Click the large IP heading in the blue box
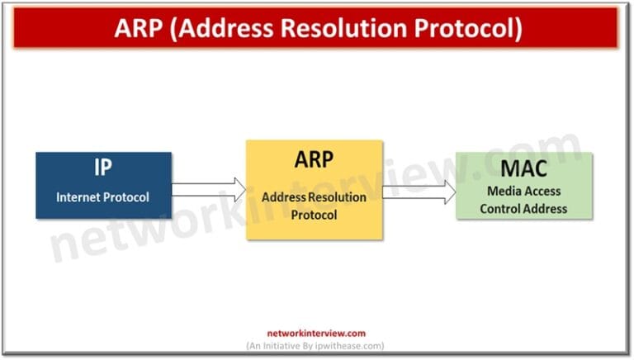103,169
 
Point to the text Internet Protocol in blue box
103,197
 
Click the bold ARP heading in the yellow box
314,159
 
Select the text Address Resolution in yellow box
314,197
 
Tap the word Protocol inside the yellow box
314,215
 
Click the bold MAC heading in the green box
523,169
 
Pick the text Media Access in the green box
523,192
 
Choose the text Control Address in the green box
523,208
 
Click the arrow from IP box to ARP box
209,190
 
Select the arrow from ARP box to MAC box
419,192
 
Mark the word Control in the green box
499,208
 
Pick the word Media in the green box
503,192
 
